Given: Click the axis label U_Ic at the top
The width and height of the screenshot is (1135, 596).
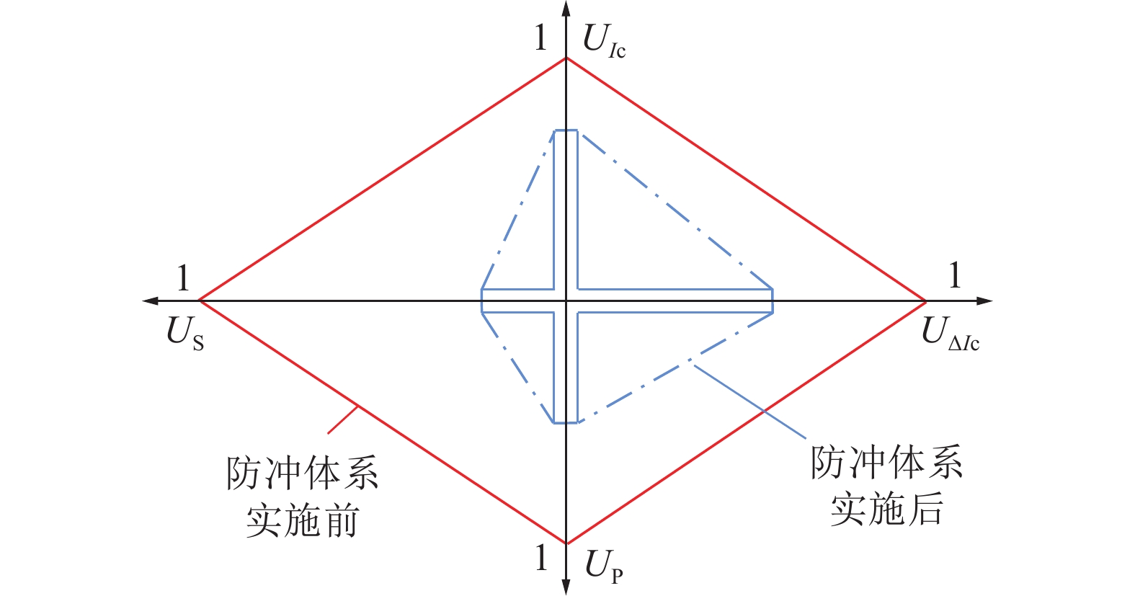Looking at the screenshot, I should (603, 42).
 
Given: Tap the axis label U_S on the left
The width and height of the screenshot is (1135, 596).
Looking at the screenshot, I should (185, 334).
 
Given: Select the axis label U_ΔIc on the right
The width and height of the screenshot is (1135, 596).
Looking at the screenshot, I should (950, 334).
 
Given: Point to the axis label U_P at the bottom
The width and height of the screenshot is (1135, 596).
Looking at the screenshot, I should (603, 566).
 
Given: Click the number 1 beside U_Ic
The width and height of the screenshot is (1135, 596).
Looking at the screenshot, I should (540, 38).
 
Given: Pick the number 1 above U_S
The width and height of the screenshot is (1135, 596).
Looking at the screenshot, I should (184, 278).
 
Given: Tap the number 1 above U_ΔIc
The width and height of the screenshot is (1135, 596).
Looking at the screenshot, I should (954, 276).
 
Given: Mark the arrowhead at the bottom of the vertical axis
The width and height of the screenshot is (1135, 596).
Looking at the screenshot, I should (566, 587).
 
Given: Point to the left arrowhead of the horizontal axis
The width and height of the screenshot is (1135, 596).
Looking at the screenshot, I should (150, 301).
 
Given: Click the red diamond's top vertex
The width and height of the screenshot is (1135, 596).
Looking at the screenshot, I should (566, 58).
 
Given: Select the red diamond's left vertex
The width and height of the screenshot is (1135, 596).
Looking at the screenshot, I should (200, 301).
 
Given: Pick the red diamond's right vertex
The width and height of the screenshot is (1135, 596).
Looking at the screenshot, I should (926, 301).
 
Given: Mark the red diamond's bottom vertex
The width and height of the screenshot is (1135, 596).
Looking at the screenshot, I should (566, 543).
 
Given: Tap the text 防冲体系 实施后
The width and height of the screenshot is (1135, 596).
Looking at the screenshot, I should (886, 486).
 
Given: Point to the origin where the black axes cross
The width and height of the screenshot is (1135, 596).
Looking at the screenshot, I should (566, 301).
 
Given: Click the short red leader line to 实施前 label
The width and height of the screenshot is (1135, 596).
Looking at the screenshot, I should (343, 419).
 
